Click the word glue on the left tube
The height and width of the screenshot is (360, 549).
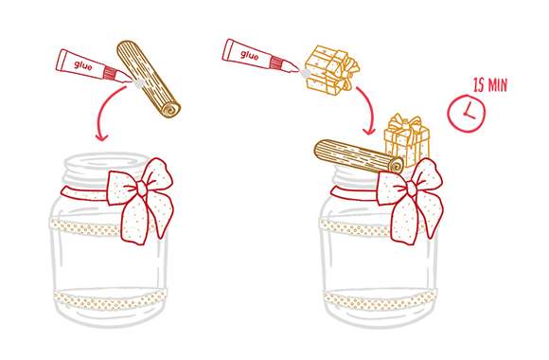point(83,65)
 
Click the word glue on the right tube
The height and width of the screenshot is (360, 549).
point(249,55)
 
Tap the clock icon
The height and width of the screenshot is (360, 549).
point(467,114)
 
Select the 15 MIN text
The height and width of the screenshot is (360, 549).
point(490,85)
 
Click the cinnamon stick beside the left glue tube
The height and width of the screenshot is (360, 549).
point(148,80)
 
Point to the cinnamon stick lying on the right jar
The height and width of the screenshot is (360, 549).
point(359,156)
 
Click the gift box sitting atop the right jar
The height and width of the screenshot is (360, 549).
point(407,140)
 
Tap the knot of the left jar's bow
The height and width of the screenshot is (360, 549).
point(142,189)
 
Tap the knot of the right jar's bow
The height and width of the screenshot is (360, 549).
point(412,189)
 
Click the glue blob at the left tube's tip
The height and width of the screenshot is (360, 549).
point(138,83)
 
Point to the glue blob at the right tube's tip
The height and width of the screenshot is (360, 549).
point(305,74)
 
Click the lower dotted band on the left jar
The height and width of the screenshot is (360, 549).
point(110,300)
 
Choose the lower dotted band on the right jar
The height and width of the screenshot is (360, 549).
point(380,300)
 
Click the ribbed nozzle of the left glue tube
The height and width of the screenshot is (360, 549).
point(111,72)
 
